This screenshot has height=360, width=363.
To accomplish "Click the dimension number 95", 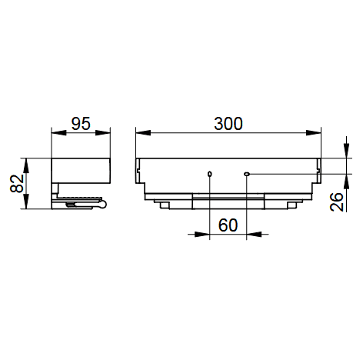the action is (81, 124).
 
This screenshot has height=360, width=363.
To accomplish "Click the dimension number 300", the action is (228, 124).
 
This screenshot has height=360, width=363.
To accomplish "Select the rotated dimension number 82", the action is (17, 184).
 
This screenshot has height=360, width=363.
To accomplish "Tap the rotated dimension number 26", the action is (336, 202).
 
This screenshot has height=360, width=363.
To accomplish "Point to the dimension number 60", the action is (228, 225).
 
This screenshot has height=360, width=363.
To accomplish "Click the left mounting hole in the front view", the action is (210, 174).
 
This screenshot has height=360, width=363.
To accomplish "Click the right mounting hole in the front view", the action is (247, 174).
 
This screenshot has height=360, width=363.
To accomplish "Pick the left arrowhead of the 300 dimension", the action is (143, 133).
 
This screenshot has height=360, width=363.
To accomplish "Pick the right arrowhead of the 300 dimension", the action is (314, 133).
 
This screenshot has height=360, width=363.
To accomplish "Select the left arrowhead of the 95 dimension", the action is (58, 133).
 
